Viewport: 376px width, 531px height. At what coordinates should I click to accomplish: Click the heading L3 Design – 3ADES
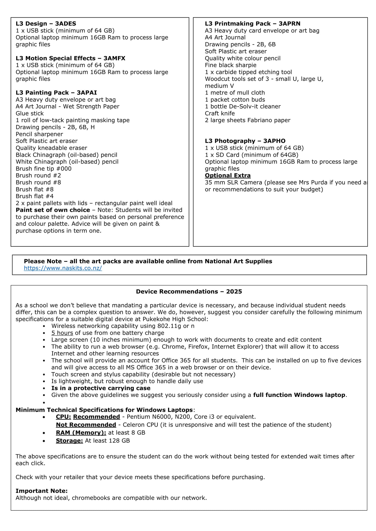[x=46, y=24]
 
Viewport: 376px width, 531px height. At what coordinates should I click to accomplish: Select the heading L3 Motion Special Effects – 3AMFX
[x=70, y=58]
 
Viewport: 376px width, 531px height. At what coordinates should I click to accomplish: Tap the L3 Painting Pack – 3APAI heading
[x=56, y=93]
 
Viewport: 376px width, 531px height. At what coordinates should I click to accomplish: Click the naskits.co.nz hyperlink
[x=63, y=268]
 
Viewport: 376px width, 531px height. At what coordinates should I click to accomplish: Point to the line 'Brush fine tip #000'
[x=43, y=169]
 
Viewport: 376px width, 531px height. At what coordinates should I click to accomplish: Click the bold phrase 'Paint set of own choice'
[x=53, y=210]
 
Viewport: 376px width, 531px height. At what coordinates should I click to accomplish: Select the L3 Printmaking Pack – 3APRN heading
[x=252, y=24]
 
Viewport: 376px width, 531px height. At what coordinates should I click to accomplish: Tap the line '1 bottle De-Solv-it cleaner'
[x=243, y=107]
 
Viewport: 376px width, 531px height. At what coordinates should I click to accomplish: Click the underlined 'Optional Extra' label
[x=227, y=176]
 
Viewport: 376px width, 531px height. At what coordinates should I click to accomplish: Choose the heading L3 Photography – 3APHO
[x=245, y=141]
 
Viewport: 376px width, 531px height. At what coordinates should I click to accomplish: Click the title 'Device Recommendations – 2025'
[x=189, y=292]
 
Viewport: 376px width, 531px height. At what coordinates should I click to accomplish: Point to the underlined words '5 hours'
[x=62, y=333]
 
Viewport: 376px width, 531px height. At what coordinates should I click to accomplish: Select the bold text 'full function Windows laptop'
[x=299, y=395]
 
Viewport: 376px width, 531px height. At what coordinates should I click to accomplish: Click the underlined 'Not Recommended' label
[x=86, y=425]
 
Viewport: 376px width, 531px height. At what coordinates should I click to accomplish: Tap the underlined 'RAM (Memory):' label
[x=81, y=433]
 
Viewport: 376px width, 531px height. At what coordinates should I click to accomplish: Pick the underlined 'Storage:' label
[x=69, y=441]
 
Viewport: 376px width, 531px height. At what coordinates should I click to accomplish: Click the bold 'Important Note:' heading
[x=41, y=491]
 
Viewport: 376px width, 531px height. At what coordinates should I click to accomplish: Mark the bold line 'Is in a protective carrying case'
[x=101, y=388]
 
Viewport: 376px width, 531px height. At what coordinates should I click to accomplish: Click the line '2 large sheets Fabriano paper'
[x=247, y=120]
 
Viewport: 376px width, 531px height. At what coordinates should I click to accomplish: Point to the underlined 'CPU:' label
[x=63, y=417]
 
